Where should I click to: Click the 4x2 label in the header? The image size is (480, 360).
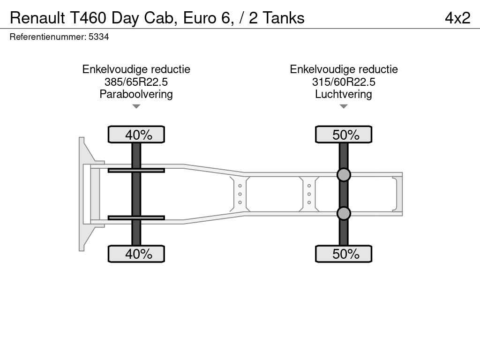coord(457,18)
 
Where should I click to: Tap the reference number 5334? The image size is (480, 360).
coord(98,37)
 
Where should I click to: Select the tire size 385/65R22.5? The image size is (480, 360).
coord(136,82)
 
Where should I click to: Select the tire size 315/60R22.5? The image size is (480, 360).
coord(344,82)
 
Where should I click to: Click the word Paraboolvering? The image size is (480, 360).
coord(136,94)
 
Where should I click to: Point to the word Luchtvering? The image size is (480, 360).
coord(344,94)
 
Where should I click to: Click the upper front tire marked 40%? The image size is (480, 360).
coord(136,135)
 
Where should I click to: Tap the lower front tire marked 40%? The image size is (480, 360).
coord(136,254)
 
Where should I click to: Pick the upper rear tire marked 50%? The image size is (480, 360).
coord(344,135)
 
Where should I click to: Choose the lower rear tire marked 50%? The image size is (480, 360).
coord(344,254)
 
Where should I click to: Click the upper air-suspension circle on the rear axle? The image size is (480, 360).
coord(344,175)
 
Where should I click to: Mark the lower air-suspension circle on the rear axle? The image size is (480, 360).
coord(344,213)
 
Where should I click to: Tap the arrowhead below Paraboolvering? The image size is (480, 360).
coord(136,106)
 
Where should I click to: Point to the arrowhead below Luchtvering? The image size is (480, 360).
coord(344,106)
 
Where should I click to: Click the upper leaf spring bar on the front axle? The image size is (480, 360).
coord(136,170)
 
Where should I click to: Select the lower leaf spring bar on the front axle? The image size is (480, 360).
coord(136,217)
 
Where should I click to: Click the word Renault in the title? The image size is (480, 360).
coord(37,18)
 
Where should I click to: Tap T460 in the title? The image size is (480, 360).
coord(88,18)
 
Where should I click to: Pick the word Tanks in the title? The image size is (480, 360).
coord(284,18)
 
